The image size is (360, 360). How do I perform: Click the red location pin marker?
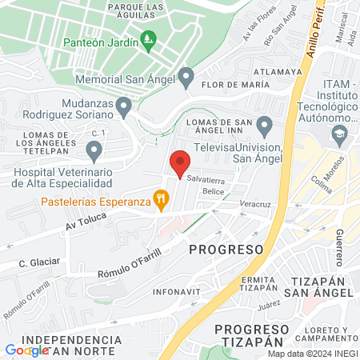click(x=180, y=162)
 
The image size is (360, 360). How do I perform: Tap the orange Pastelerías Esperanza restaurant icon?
click(x=161, y=198)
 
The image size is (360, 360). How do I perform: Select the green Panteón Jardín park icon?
click(x=147, y=38)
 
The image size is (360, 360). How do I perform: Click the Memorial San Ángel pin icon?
click(x=186, y=78)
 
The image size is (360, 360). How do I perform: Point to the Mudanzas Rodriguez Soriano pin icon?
click(x=123, y=106)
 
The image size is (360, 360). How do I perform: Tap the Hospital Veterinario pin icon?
click(x=94, y=150)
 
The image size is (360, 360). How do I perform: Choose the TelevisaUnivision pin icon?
click(x=264, y=126)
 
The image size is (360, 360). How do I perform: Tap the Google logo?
click(x=26, y=350)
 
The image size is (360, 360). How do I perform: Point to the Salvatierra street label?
click(x=206, y=180)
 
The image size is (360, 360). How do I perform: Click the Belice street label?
click(x=213, y=192)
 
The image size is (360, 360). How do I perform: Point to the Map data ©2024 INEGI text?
click(x=311, y=354)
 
